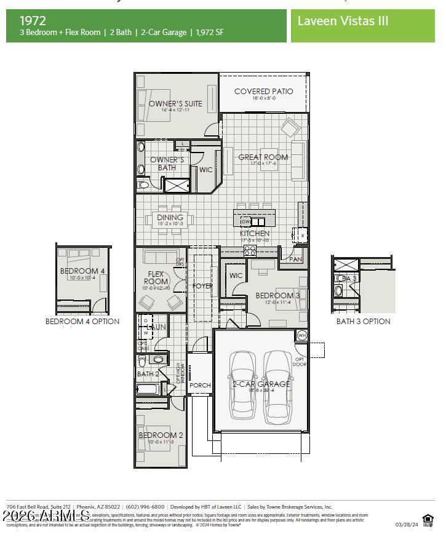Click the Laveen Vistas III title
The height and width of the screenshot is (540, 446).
pyautogui.click(x=343, y=21)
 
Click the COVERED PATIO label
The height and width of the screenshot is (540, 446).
pyautogui.click(x=263, y=92)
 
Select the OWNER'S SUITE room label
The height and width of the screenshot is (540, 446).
pyautogui.click(x=175, y=104)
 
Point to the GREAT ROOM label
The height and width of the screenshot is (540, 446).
pyautogui.click(x=263, y=157)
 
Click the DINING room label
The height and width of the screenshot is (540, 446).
pyautogui.click(x=170, y=218)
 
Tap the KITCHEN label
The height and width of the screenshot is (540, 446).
pyautogui.click(x=255, y=234)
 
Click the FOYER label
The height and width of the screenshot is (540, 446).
pyautogui.click(x=202, y=286)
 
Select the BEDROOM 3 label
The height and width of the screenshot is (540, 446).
pyautogui.click(x=277, y=296)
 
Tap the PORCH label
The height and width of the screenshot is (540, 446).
pyautogui.click(x=200, y=386)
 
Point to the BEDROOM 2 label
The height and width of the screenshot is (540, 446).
pyautogui.click(x=161, y=435)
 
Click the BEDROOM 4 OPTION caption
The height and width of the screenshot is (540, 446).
pyautogui.click(x=82, y=322)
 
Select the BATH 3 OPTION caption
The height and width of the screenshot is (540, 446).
pyautogui.click(x=363, y=322)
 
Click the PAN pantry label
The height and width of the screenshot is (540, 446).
pyautogui.click(x=295, y=260)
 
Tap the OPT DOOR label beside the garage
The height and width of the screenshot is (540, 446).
pyautogui.click(x=300, y=362)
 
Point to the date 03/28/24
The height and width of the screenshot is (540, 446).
pyautogui.click(x=407, y=525)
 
